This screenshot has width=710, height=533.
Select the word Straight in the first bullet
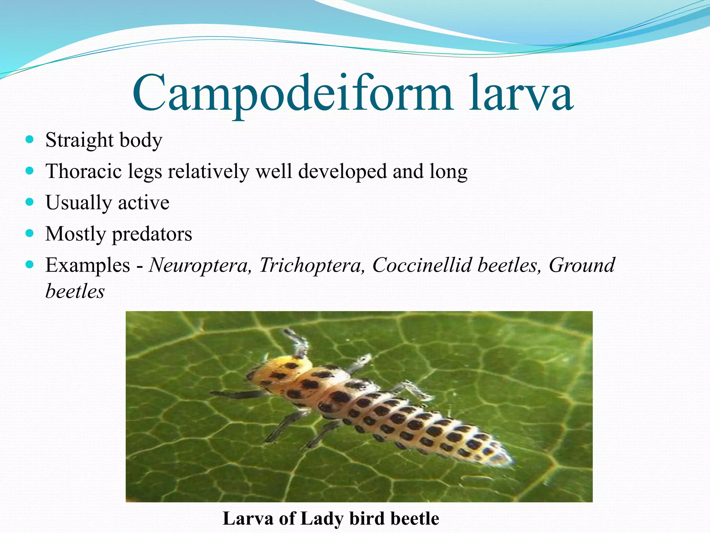(79, 140)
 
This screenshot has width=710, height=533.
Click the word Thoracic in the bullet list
(84, 171)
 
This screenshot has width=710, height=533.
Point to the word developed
(342, 171)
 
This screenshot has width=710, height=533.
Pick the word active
(144, 203)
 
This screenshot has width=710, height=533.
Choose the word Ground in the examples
(582, 265)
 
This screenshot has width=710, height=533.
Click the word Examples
(88, 265)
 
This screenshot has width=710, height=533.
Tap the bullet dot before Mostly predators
(30, 233)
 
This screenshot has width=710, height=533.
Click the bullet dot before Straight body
(30, 139)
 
